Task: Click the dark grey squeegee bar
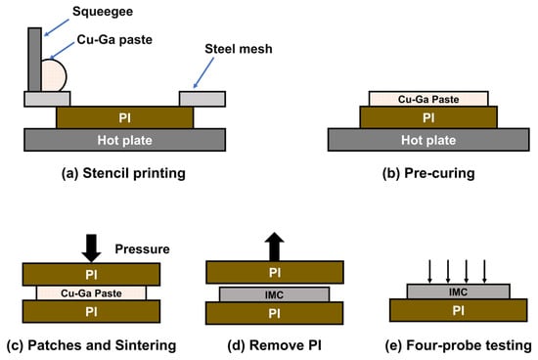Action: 34,60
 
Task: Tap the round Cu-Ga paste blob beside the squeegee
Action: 54,75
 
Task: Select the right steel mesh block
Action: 202,99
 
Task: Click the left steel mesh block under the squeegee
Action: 47,99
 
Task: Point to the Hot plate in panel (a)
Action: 125,140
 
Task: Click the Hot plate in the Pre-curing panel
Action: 428,140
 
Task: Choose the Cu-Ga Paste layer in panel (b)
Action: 428,99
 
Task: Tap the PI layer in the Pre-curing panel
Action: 428,117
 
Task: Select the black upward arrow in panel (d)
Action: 275,247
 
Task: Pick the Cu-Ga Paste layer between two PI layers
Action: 91,293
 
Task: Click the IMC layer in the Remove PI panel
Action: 275,294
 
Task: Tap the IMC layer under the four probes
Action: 459,292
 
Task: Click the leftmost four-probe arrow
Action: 429,271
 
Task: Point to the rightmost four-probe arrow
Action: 484,271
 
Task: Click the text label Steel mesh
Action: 239,49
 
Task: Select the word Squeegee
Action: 103,12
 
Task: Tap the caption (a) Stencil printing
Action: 123,173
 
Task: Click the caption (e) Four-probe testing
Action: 459,345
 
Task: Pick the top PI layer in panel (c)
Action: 91,274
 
